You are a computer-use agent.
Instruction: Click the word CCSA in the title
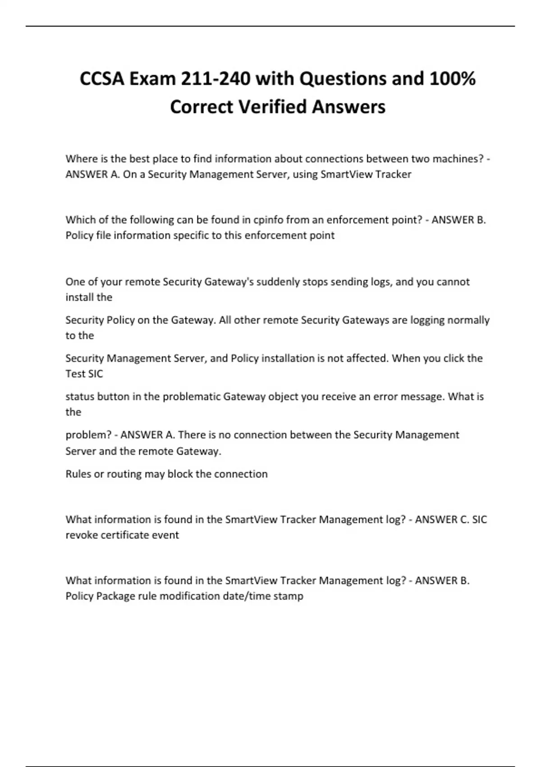click(102, 79)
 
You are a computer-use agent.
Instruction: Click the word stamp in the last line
click(289, 596)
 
